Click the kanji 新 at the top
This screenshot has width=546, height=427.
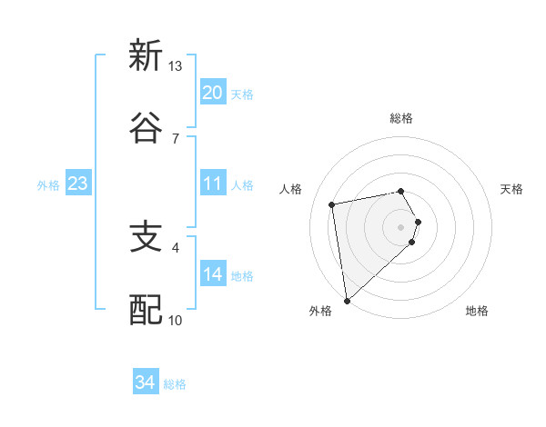coord(146,56)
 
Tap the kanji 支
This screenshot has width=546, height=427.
coord(146,238)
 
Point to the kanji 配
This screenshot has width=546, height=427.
coord(146,310)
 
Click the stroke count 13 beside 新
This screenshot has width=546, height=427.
coord(175,66)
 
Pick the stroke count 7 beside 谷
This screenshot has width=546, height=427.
coord(175,138)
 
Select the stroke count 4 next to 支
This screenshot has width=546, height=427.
coord(175,246)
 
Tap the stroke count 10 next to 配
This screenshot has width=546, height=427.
coord(175,320)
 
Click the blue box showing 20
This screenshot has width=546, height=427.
coord(212,93)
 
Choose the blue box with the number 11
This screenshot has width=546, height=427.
coord(212,184)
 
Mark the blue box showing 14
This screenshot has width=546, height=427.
coord(212,274)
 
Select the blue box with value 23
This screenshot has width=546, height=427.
coord(77,184)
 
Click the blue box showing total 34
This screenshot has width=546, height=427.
coord(145,382)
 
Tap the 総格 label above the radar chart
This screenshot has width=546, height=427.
coord(401,118)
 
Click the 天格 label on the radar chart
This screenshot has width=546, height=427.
coord(512,189)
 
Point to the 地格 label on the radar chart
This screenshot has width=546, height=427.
coord(477,311)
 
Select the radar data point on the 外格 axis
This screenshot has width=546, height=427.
coord(347,300)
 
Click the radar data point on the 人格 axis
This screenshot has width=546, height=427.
coord(332,204)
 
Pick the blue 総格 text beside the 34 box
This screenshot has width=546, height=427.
coord(175,384)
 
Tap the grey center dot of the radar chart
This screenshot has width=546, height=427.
coord(401,226)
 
